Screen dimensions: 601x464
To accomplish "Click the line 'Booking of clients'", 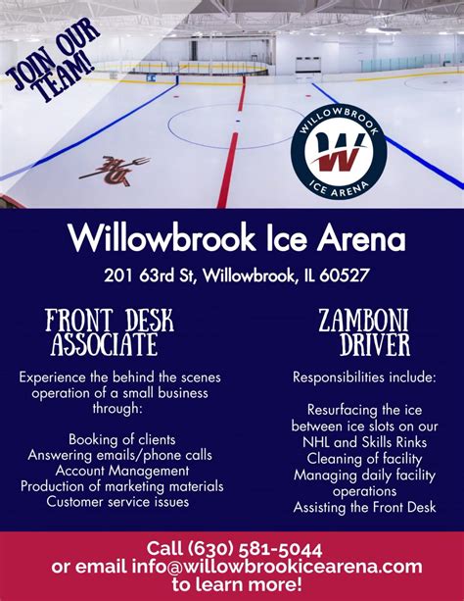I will click(x=122, y=438).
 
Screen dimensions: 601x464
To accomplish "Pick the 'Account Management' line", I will click(x=121, y=471).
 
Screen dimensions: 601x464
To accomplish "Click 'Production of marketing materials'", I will click(x=123, y=486).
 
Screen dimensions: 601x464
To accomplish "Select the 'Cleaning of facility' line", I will click(x=363, y=458).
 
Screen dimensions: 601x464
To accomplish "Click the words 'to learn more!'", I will click(x=236, y=584).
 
